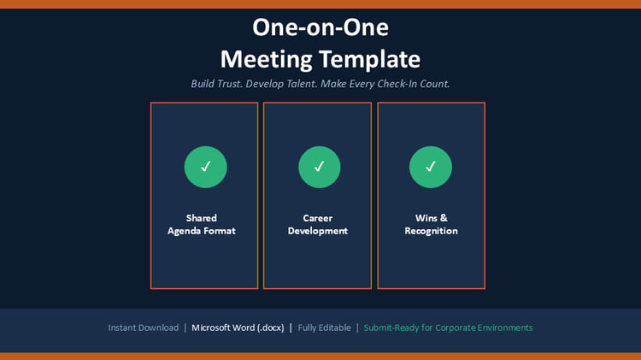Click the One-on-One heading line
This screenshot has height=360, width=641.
[320, 27]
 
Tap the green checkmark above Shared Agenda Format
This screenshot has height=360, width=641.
[206, 167]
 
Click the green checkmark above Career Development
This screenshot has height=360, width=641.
[320, 167]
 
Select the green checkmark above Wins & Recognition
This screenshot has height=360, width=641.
[431, 167]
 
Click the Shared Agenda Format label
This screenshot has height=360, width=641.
[202, 224]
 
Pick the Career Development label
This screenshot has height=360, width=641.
[318, 224]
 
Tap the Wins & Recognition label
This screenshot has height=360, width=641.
[432, 224]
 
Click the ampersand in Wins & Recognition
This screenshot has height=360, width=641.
[444, 218]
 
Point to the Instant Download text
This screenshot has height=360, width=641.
[144, 328]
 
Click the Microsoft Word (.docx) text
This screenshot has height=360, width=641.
[238, 328]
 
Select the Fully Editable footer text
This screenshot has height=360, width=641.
[324, 328]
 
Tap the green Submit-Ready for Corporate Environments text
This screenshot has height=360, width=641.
[448, 328]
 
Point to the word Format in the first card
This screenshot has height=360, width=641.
[219, 231]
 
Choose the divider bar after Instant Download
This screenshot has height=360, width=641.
[185, 328]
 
